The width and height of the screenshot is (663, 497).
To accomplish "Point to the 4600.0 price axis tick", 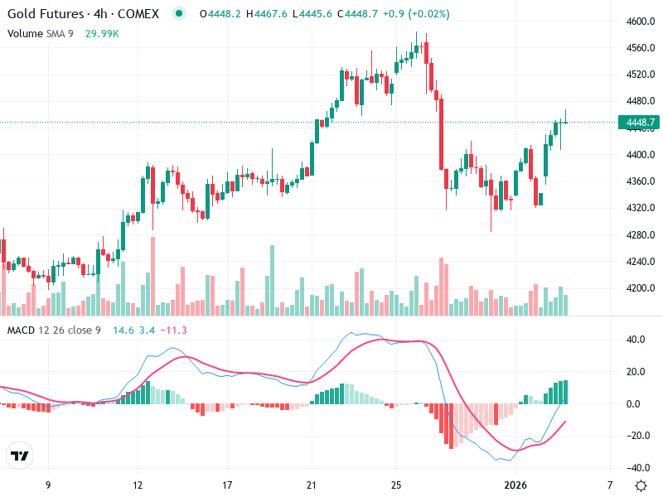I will pos(640,22).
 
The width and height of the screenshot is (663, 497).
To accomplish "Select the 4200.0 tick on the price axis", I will pos(640,288).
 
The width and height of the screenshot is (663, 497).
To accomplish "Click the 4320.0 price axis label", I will pos(640,208).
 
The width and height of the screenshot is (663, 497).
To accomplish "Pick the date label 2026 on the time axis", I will pos(515,485).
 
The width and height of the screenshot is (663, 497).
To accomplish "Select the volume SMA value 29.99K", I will pos(103,33).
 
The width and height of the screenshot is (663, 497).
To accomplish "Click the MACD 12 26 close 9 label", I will pos(54,331).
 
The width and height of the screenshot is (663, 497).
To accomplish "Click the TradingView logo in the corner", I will pos(20,456).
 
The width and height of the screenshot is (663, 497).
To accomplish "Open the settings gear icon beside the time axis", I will pos(640,485).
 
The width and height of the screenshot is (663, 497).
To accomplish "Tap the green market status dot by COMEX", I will pos(178,14).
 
